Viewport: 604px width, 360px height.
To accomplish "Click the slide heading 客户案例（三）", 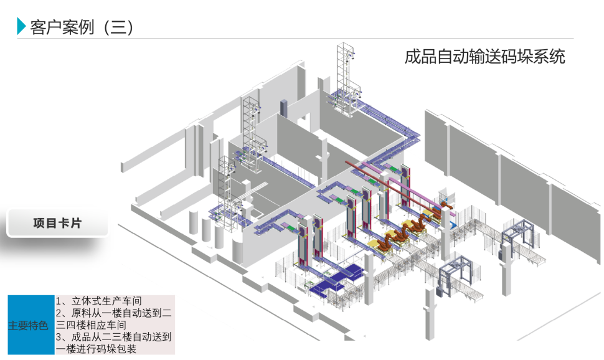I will [x=82, y=27].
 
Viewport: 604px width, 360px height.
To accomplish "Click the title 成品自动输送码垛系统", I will [x=484, y=57].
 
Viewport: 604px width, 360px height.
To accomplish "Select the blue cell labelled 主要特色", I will [x=28, y=325].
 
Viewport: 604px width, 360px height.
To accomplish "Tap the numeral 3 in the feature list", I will [x=59, y=337].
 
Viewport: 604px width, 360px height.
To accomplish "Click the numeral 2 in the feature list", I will [x=59, y=313].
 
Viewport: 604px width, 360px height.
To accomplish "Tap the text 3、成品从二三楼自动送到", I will [x=115, y=337].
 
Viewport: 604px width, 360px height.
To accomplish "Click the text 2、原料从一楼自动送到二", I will [x=115, y=313].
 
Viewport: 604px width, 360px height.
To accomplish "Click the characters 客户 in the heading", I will [x=42, y=27].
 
